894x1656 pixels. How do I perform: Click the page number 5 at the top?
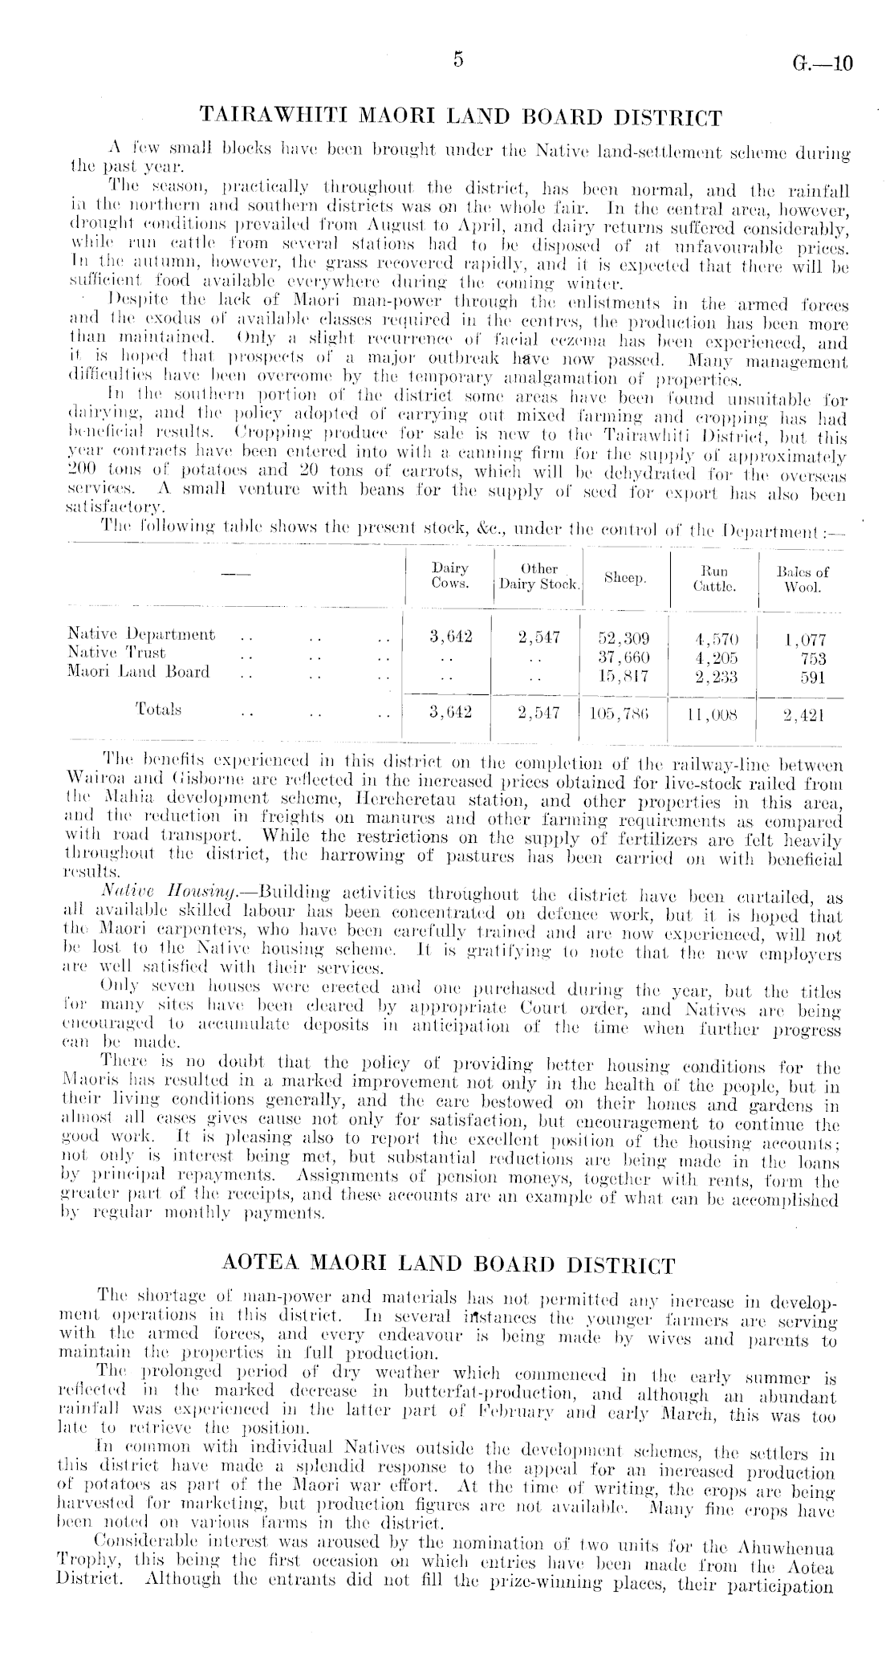458,60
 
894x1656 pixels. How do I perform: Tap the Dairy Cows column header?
450,577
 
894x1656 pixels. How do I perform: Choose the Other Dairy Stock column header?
538,577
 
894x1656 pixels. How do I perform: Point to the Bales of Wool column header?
803,579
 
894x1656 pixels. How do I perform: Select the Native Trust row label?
117,653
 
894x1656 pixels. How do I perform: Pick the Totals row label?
158,710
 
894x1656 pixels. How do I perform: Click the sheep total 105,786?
620,713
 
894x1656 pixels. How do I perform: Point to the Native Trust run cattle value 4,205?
713,658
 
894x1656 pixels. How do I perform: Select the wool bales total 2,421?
803,714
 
